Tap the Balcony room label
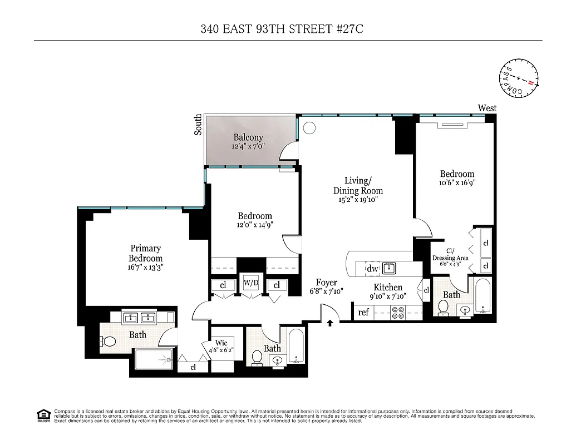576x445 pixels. coord(248,137)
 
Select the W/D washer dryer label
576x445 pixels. coord(252,283)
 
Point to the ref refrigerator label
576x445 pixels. coord(363,312)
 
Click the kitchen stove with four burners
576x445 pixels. coord(398,313)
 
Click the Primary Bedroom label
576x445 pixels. coord(145,253)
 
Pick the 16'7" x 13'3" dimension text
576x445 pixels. coord(145,268)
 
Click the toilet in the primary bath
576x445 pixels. coord(109,342)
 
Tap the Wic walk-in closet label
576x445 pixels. coord(221,343)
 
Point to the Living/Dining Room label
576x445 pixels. coord(357,186)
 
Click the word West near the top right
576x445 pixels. coord(487,108)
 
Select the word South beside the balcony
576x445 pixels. coord(198,125)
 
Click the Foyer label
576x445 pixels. coord(326,283)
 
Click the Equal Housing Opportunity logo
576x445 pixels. coord(43,414)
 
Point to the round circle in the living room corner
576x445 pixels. coord(309,128)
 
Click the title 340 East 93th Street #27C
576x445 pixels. coord(282,29)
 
